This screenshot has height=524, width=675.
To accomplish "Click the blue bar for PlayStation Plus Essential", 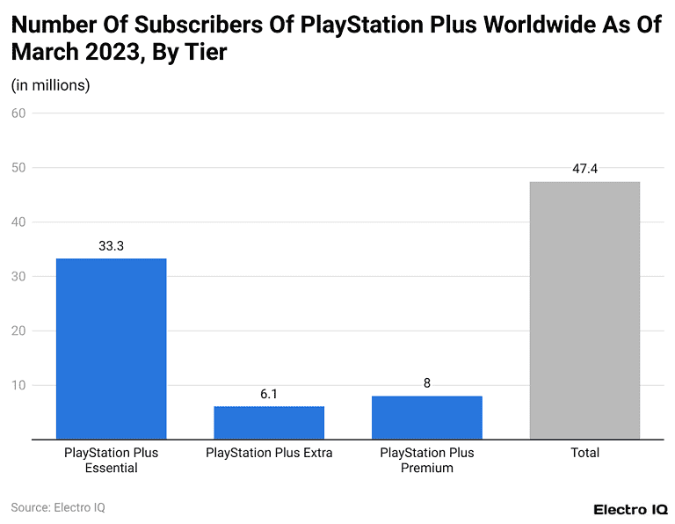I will click(x=111, y=348).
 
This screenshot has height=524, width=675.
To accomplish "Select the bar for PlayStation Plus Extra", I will click(x=269, y=422).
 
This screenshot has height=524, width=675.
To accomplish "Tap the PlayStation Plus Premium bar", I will click(x=426, y=417).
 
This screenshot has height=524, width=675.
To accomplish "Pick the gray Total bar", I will click(x=584, y=309).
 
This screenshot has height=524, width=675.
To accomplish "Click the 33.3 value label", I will click(x=111, y=246).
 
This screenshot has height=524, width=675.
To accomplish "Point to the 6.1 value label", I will click(x=269, y=394).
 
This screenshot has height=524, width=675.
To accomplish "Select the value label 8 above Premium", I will click(x=426, y=383).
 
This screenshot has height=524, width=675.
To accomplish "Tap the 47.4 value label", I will click(x=584, y=169).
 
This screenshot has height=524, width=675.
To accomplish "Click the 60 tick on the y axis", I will click(x=18, y=113).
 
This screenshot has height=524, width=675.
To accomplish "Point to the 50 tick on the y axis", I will click(x=18, y=167).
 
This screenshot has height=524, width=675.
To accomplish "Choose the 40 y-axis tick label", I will click(x=18, y=222).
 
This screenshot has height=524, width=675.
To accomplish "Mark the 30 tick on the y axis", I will click(x=18, y=276).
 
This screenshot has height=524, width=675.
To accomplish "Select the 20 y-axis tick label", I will click(x=18, y=331).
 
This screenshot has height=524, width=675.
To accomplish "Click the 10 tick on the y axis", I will click(x=18, y=385).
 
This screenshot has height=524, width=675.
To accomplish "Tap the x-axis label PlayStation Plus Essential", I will click(x=111, y=460).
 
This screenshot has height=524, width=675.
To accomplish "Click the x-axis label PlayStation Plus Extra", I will click(x=269, y=453).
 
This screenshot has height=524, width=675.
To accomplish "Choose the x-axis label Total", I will click(x=584, y=453).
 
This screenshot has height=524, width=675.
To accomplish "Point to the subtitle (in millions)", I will click(x=50, y=85).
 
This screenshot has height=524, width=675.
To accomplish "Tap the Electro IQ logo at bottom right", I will click(x=630, y=509).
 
